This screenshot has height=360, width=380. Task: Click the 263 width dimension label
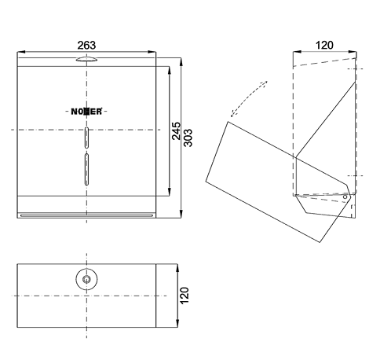(86, 45)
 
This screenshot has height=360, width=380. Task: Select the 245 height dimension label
(176, 130)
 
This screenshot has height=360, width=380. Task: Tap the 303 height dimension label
(188, 138)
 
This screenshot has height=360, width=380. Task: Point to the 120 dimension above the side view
(324, 45)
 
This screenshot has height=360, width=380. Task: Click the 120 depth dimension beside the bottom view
(185, 296)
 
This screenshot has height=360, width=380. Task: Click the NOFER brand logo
(86, 112)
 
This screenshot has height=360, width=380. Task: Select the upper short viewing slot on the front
(86, 138)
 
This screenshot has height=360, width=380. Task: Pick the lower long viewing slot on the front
(86, 170)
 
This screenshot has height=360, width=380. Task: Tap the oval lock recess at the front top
(86, 60)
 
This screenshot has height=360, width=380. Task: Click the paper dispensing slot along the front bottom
(86, 215)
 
